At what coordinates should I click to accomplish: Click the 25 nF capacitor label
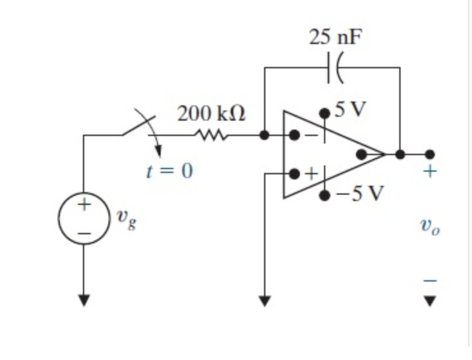pyautogui.click(x=336, y=36)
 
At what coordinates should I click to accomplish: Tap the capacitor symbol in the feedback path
pyautogui.click(x=334, y=67)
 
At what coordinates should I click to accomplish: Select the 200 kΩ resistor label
pyautogui.click(x=211, y=114)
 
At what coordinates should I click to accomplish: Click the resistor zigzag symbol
pyautogui.click(x=210, y=135)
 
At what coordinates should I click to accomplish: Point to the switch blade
pyautogui.click(x=139, y=126)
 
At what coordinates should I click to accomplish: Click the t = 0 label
pyautogui.click(x=169, y=171)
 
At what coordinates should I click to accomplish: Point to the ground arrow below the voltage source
pyautogui.click(x=84, y=299)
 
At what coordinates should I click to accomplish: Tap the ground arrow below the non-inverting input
pyautogui.click(x=265, y=299)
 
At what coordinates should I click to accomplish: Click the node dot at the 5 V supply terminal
pyautogui.click(x=325, y=112)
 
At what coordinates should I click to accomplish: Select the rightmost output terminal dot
pyautogui.click(x=430, y=154)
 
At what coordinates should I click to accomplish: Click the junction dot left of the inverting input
pyautogui.click(x=265, y=135)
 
